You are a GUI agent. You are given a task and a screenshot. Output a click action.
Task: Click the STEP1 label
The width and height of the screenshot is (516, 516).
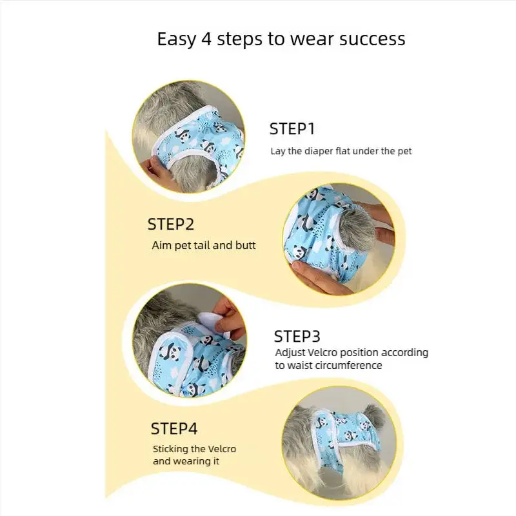pyautogui.click(x=292, y=128)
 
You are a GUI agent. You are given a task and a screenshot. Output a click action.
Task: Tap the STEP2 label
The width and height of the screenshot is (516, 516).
pyautogui.click(x=171, y=224)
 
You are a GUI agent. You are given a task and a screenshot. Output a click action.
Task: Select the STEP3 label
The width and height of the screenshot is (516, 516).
pyautogui.click(x=297, y=336)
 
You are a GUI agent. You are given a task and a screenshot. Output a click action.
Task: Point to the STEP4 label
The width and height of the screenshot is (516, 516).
pyautogui.click(x=174, y=428)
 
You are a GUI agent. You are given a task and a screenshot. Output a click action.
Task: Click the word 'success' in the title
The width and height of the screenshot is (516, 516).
pyautogui.click(x=372, y=39)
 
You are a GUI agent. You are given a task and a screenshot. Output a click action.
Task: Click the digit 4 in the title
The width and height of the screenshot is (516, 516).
pyautogui.click(x=206, y=39)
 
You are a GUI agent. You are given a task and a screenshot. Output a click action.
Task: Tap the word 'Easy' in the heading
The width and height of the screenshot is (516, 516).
pyautogui.click(x=176, y=39)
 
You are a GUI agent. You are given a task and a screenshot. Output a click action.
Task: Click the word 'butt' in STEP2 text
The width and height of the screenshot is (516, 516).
pyautogui.click(x=245, y=245)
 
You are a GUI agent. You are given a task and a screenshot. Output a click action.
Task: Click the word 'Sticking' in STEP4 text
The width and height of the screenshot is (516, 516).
pyautogui.click(x=170, y=449)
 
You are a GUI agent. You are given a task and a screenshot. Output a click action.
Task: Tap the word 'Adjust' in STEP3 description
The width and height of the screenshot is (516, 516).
pyautogui.click(x=290, y=353)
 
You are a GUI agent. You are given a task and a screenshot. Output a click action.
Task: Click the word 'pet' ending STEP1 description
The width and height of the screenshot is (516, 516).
pyautogui.click(x=404, y=152)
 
